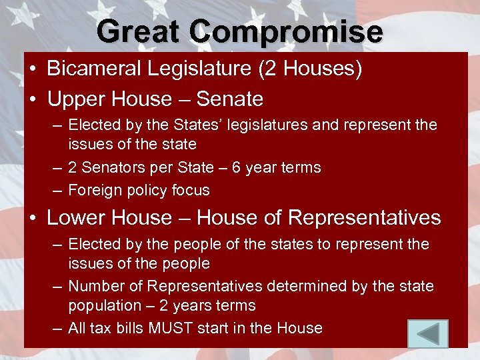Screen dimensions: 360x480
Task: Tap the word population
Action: coord(101,305)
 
